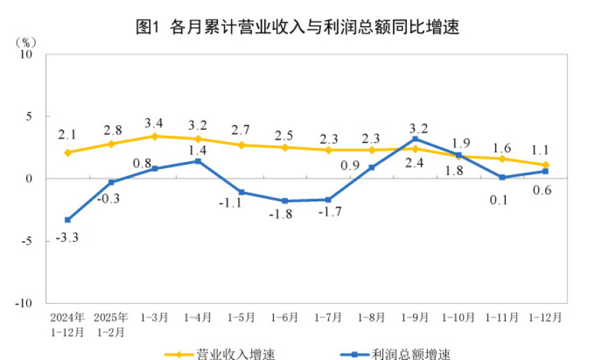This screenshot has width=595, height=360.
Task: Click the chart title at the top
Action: [297, 28]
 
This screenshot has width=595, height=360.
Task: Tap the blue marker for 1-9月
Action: [415, 139]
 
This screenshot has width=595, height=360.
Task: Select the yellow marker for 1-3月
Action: [154, 136]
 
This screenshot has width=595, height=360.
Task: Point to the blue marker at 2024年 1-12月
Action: [68, 220]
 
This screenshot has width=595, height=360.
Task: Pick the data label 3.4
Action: [154, 123]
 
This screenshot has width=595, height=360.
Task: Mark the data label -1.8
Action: [284, 215]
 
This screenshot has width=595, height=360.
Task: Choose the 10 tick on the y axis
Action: [29, 55]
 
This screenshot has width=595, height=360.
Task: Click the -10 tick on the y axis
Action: [26, 303]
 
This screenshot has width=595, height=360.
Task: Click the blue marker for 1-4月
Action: [198, 161]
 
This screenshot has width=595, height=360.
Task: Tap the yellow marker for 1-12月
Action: [546, 165]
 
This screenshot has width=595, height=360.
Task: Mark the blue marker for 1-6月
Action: [284, 201]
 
